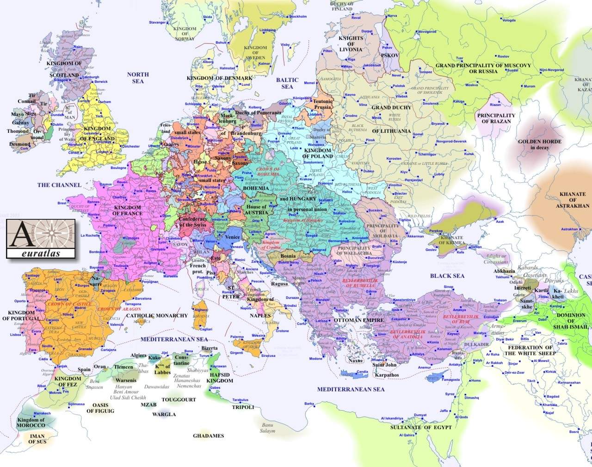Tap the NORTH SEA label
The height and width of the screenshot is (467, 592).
pos(138,78)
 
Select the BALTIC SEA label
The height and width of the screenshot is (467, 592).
pos(287,83)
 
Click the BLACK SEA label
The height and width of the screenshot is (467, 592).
pos(447,276)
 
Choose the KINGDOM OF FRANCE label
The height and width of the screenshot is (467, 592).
pos(127,211)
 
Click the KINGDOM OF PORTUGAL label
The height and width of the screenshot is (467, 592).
pos(21,316)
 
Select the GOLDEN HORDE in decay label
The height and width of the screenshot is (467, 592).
pos(539,144)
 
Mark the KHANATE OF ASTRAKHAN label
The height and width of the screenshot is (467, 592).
pos(573,200)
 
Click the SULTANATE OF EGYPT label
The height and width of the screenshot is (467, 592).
pos(420,427)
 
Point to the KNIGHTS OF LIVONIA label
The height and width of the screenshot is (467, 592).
pos(351,44)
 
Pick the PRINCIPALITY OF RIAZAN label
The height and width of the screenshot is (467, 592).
pos(496,118)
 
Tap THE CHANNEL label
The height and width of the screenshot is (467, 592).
pos(59,185)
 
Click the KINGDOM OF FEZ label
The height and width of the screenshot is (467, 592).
pos(68,381)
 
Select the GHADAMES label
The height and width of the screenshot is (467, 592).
pos(208,436)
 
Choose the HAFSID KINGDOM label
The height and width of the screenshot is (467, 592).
pos(220,378)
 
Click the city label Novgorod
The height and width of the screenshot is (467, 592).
pos(426,32)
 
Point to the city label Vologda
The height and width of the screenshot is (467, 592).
pos(508,20)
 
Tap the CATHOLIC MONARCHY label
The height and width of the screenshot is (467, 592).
pos(157,316)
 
